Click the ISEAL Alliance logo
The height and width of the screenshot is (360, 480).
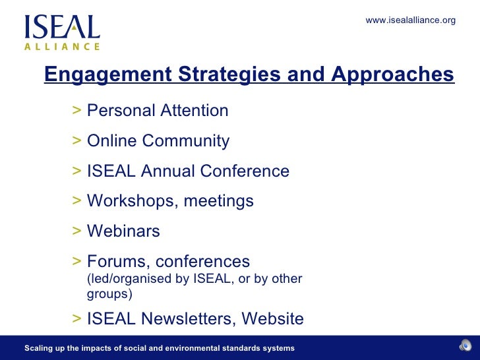(62, 32)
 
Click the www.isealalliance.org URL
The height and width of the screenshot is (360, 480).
(410, 20)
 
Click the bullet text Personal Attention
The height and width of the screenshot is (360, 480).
(158, 111)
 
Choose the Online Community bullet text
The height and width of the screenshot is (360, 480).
(158, 141)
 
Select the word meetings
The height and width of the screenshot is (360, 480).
(218, 201)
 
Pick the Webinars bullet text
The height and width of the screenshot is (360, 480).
(123, 231)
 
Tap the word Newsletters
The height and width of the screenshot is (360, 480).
(185, 319)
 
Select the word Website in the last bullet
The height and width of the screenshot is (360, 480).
(272, 319)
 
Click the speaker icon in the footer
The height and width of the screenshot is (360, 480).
(465, 347)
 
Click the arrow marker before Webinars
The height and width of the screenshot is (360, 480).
(77, 231)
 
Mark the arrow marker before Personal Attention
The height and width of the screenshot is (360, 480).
(77, 110)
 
